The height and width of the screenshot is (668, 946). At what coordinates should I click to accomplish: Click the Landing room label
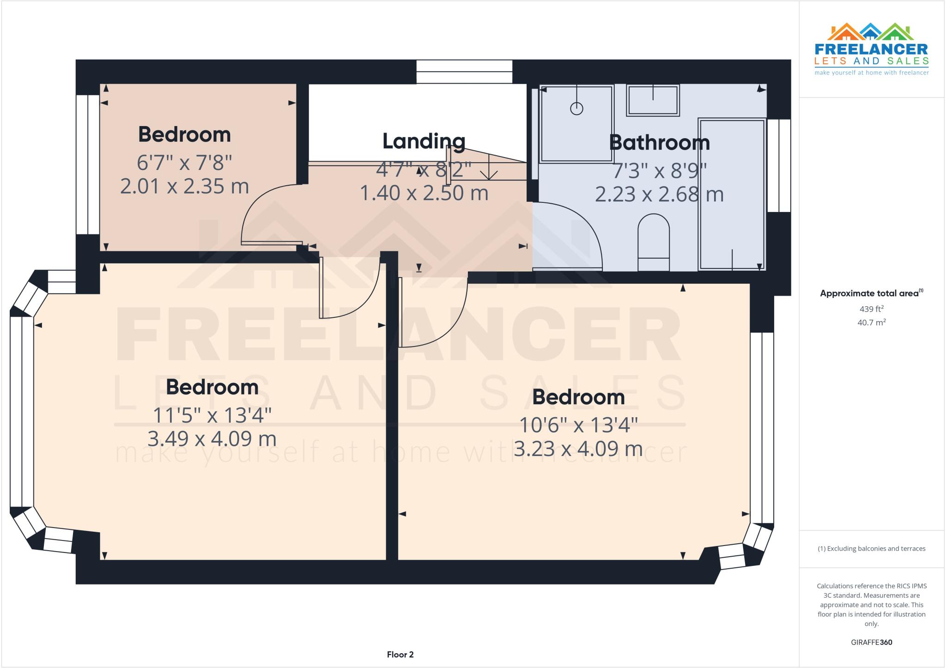coord(424,141)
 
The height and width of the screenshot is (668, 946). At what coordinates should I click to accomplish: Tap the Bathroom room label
coord(659,142)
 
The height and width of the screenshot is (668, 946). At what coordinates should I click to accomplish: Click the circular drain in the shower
coord(576,109)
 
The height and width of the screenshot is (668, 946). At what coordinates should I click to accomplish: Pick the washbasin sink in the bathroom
coord(653,100)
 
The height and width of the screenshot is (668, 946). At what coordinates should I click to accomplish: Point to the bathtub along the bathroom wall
coord(732,194)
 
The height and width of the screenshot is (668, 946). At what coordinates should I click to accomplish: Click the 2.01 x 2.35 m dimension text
coord(184,186)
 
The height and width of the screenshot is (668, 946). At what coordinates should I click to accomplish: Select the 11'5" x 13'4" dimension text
coord(212,415)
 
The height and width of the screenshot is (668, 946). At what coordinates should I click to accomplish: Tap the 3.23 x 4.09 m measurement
coord(578,449)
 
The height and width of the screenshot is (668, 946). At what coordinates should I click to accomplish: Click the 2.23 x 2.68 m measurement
coord(659,194)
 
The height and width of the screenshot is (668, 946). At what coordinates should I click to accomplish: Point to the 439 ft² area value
coord(871,309)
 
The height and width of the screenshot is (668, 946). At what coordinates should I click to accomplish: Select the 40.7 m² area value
coord(871,322)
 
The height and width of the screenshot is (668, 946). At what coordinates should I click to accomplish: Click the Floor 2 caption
coord(400,654)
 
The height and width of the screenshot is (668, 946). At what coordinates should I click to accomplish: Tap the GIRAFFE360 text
coord(871,642)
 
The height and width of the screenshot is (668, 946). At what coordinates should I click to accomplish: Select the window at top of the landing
coord(464,72)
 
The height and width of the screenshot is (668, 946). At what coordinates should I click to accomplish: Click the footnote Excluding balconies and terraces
coord(871,548)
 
